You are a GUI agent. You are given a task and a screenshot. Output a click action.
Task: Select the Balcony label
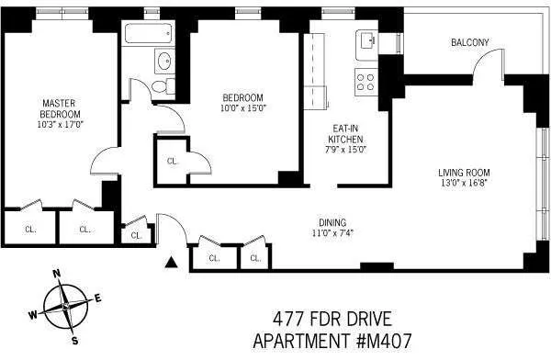[469, 42]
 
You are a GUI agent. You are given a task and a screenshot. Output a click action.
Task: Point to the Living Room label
[463, 172]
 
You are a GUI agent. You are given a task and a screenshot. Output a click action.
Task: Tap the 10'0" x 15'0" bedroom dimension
[242, 107]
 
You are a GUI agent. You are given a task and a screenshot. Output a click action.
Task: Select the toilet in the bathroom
[164, 86]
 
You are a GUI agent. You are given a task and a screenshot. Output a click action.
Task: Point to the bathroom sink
[163, 62]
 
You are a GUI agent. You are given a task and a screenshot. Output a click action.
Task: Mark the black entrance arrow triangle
[170, 264]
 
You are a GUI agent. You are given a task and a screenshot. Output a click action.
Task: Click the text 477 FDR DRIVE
[332, 320]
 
